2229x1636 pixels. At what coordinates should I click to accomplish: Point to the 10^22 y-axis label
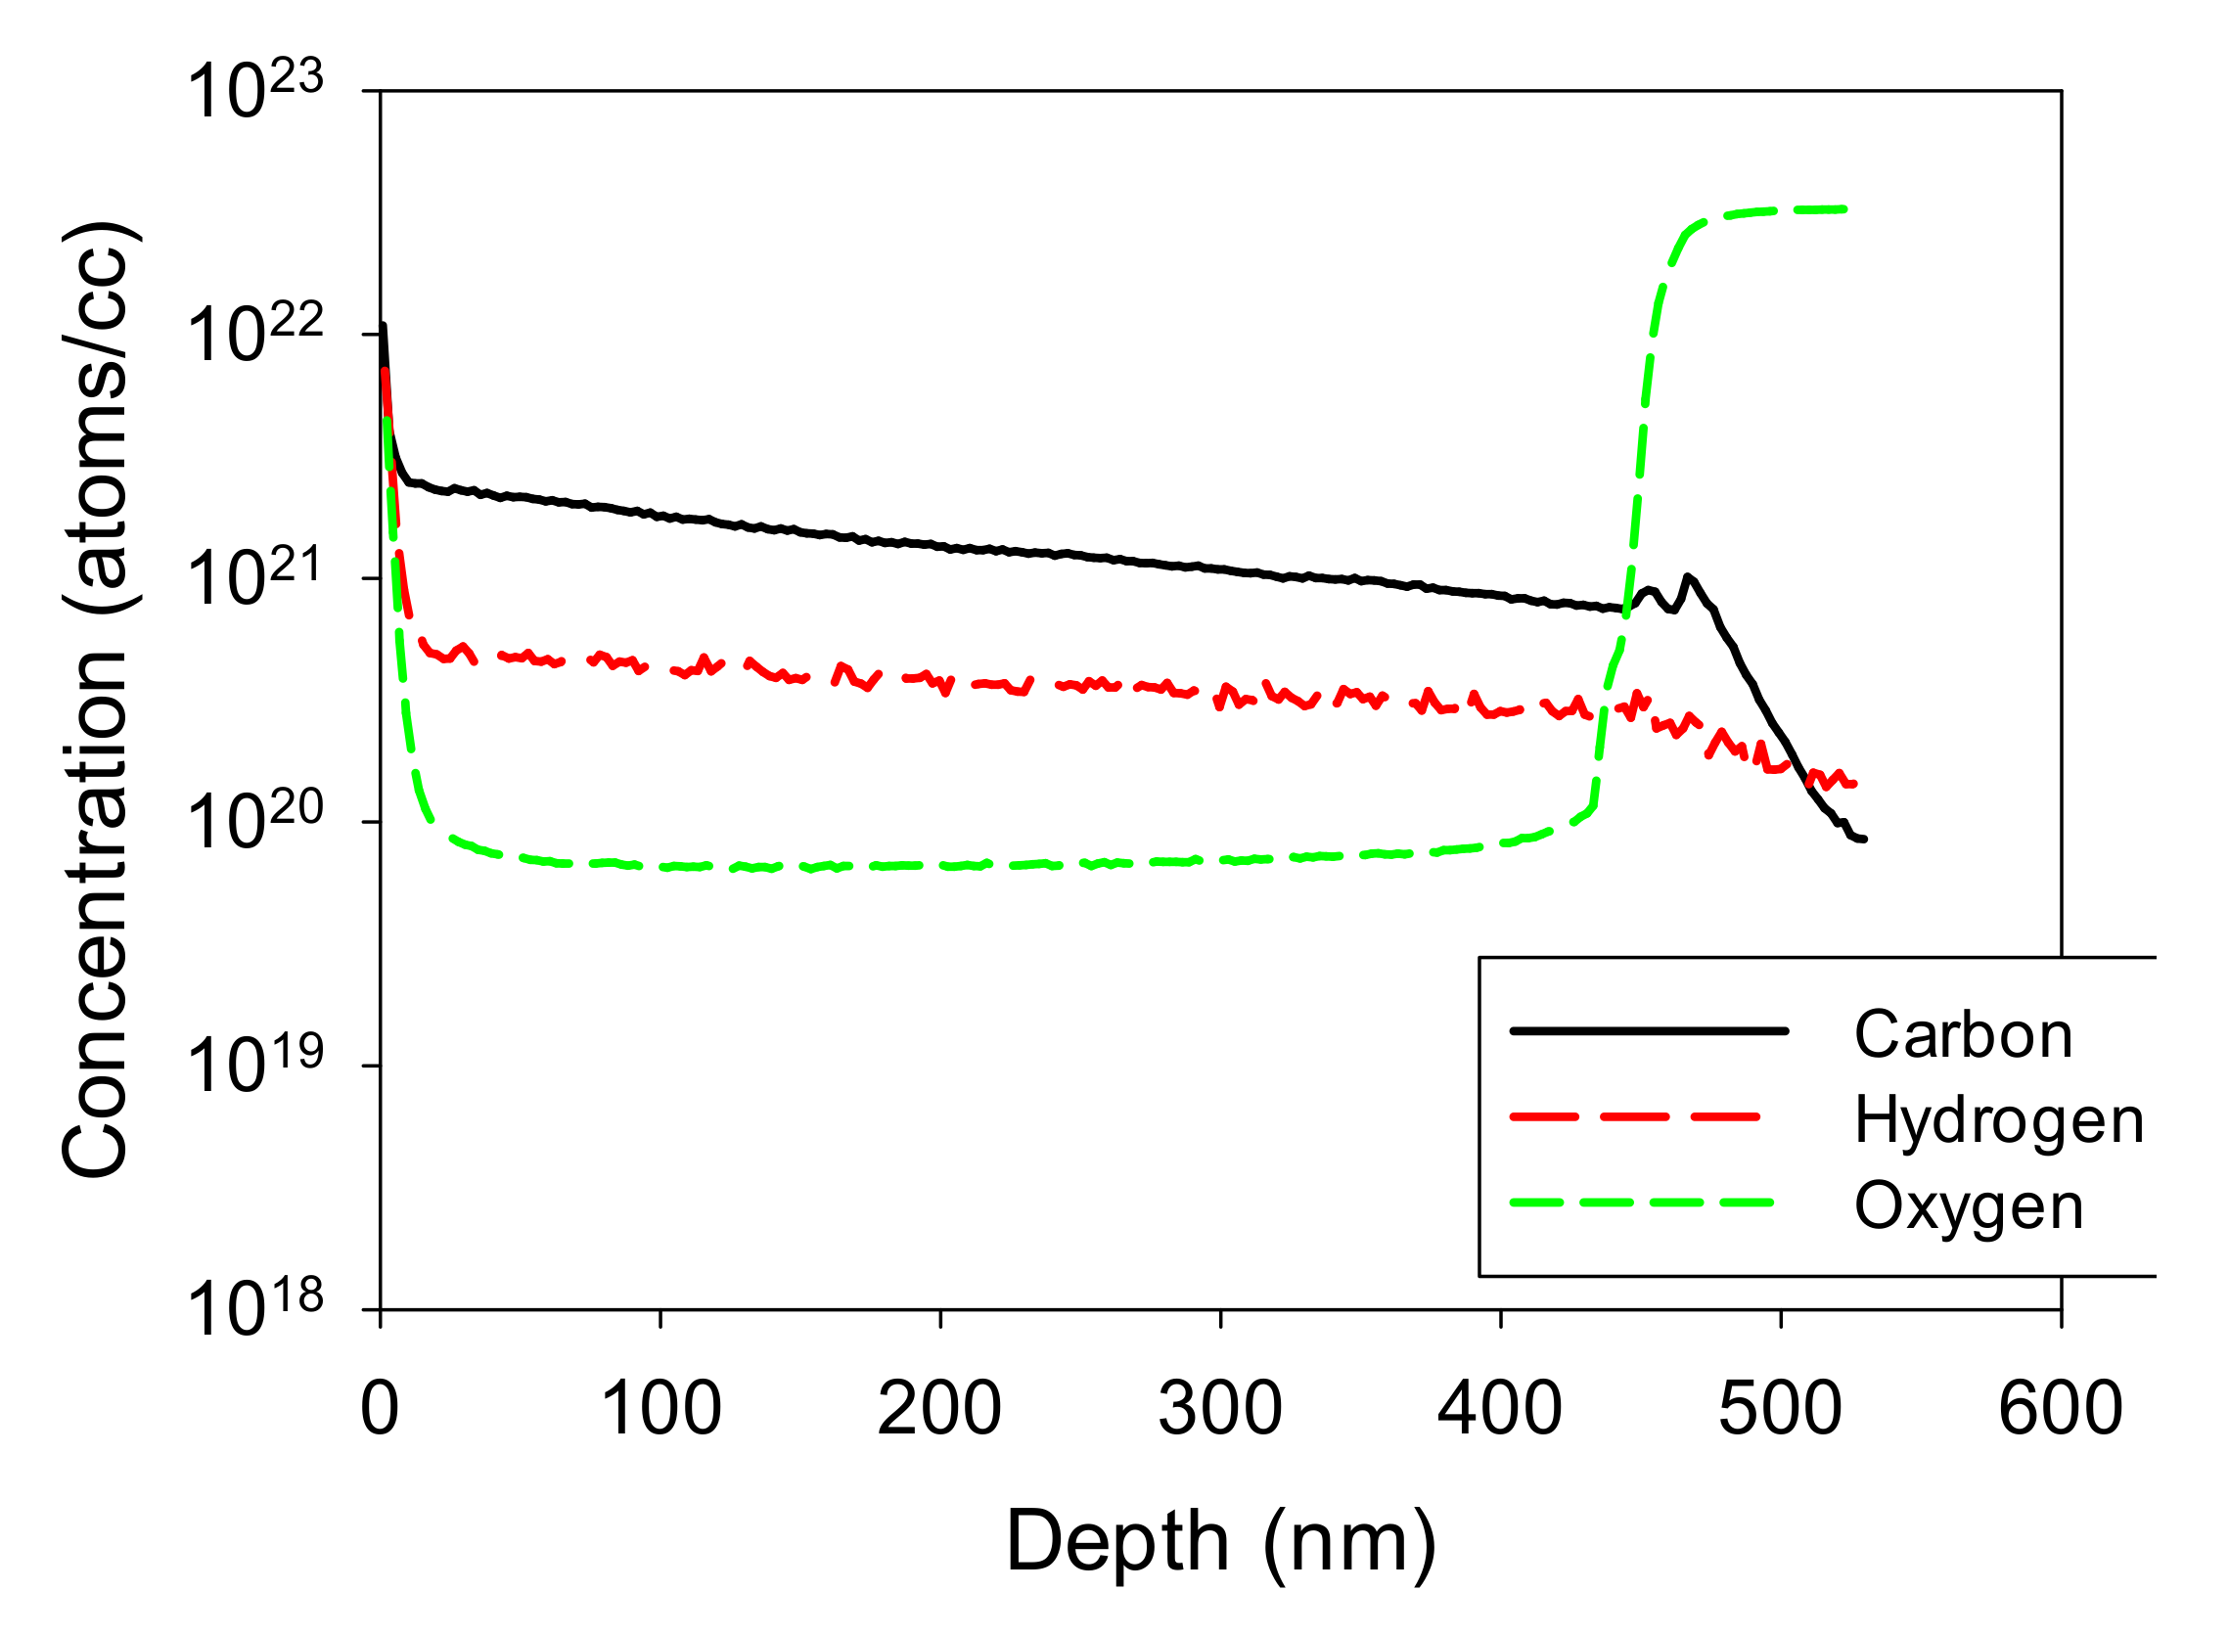(254, 335)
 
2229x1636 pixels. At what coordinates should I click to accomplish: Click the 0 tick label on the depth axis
(380, 1410)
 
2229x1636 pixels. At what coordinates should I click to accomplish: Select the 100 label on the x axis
(660, 1410)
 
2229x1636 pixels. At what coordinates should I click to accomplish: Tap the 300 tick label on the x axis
(1220, 1410)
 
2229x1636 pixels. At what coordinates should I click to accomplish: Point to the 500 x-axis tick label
(1780, 1410)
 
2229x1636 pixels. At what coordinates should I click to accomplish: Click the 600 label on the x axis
(2061, 1410)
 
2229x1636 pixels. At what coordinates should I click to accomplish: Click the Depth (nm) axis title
(1220, 1543)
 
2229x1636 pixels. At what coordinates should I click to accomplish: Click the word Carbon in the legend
(1963, 1036)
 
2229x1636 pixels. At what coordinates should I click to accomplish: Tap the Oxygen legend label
(1969, 1207)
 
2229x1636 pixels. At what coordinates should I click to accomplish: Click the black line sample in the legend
(1649, 1031)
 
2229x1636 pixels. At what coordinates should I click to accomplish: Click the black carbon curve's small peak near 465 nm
(1686, 576)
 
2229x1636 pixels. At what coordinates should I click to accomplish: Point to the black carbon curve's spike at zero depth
(384, 327)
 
